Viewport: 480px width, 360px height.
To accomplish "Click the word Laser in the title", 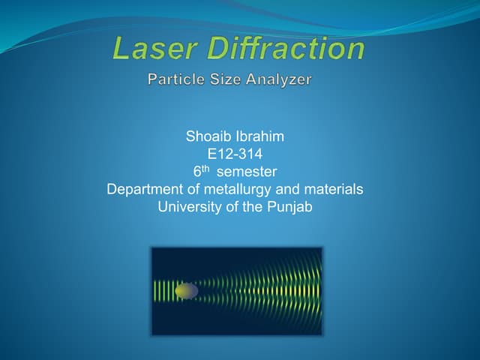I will click(x=154, y=49).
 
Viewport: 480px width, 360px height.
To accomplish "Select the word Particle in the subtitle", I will click(x=173, y=78).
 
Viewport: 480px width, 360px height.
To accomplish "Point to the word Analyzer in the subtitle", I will click(x=279, y=78).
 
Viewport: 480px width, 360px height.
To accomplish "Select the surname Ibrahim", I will click(x=259, y=137).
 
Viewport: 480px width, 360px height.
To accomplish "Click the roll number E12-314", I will click(x=235, y=154).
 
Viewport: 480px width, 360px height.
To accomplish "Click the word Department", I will click(x=145, y=189).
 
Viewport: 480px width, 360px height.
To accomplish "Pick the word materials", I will click(x=333, y=189).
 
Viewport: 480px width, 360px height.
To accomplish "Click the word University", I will click(x=188, y=206).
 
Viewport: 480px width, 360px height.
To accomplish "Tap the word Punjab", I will click(x=289, y=206).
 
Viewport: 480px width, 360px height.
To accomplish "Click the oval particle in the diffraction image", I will click(x=187, y=290).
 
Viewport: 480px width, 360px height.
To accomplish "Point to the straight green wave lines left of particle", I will click(x=163, y=290).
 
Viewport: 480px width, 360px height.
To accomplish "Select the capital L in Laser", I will click(x=121, y=49).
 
